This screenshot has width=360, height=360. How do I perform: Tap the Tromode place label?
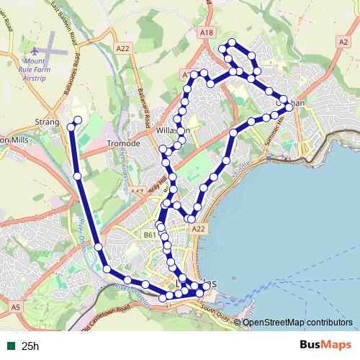tap(122, 143)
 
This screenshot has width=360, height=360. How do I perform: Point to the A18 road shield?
tap(207, 32)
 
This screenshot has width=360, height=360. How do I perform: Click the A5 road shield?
tap(15, 307)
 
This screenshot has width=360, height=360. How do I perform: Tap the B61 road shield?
tap(150, 235)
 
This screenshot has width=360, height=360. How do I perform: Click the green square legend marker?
tap(9, 346)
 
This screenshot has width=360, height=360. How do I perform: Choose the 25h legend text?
tap(30, 346)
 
